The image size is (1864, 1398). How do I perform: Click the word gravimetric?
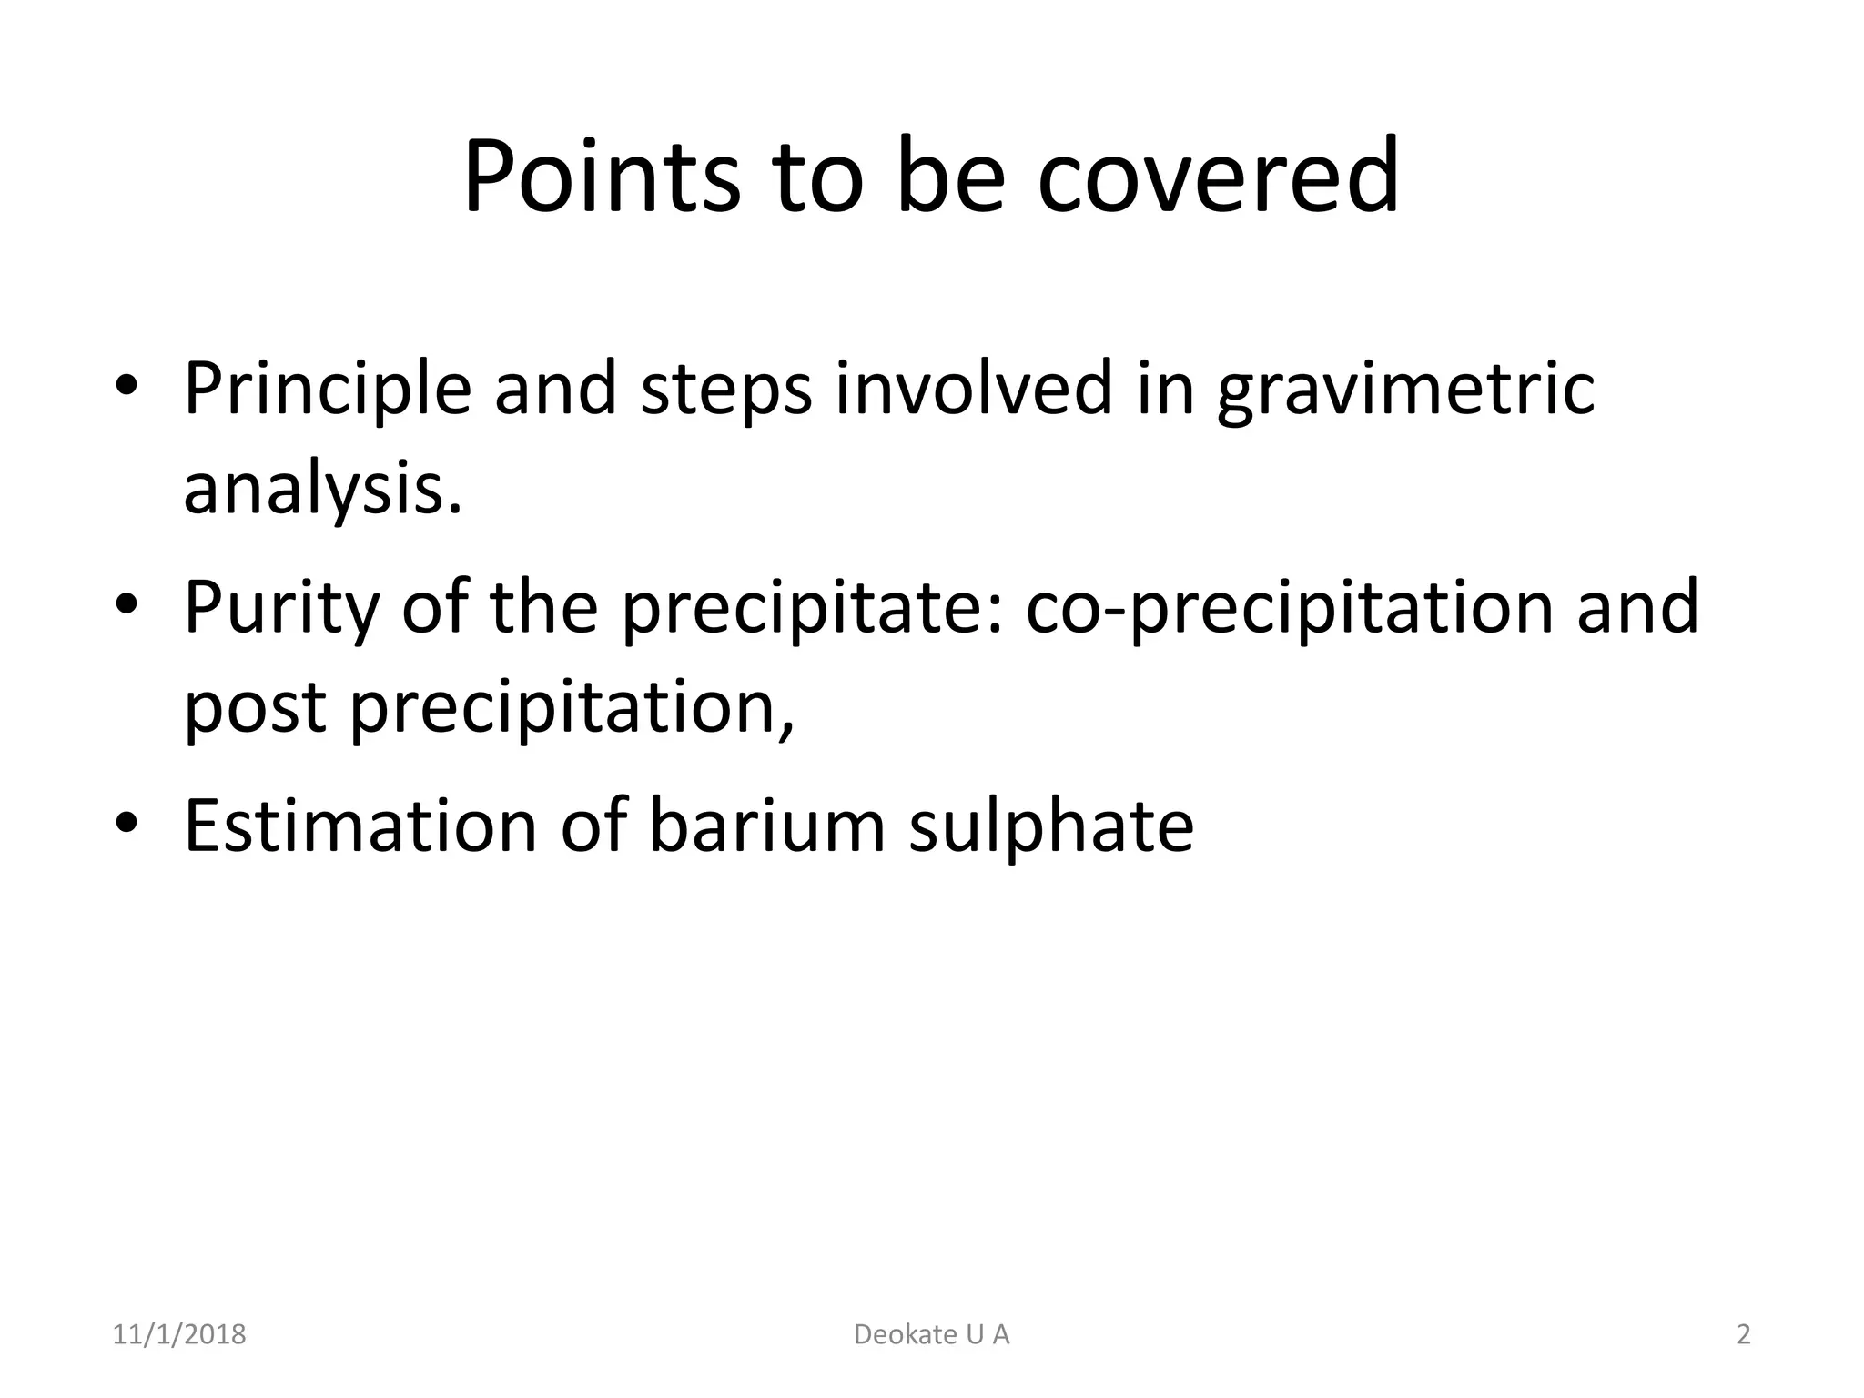click(1406, 390)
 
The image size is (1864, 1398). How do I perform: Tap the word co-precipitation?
click(1289, 608)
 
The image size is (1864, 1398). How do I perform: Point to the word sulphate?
click(1051, 826)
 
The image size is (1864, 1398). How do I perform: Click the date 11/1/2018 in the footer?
click(179, 1335)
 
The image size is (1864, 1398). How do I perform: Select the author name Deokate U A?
click(932, 1335)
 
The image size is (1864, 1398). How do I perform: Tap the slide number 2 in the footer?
click(1744, 1335)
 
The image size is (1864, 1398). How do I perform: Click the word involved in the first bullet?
click(975, 390)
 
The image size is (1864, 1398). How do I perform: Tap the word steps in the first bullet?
click(725, 390)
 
